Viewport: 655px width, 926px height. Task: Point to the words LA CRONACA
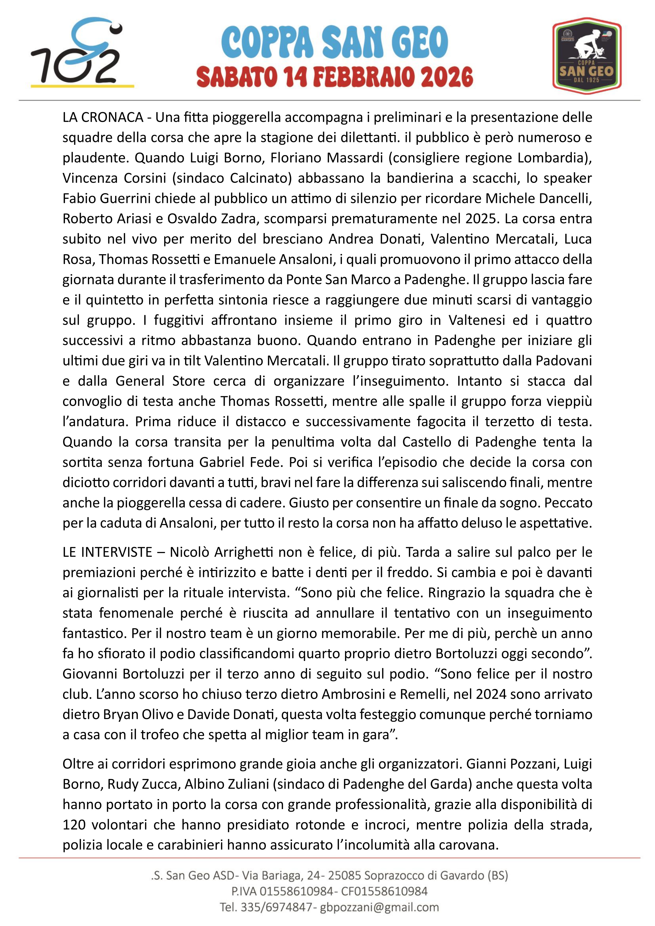[103, 117]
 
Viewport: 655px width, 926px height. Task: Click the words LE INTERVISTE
[107, 552]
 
